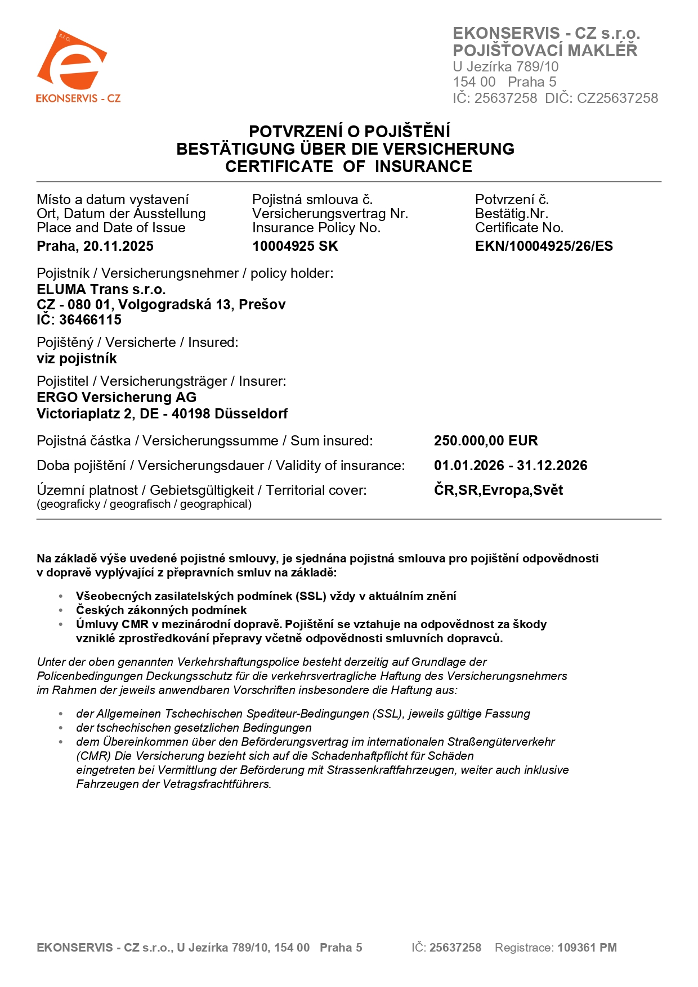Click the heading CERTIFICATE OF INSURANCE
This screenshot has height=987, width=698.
coord(348,166)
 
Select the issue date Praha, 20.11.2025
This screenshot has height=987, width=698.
coord(95,246)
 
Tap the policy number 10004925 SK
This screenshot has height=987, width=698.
coord(295,246)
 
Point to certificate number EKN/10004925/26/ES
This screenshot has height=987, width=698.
coord(544,246)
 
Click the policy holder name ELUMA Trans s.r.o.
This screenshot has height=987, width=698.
coord(101,290)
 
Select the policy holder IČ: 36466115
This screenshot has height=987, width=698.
coord(79,320)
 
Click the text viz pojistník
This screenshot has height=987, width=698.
coord(77,359)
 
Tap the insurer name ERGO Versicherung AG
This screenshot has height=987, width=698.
coord(117,398)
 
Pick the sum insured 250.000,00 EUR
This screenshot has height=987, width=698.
coord(486,441)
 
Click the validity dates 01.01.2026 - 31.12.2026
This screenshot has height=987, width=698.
coord(511,466)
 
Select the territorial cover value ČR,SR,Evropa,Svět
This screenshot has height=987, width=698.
coord(498,490)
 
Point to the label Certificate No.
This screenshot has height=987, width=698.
coord(519,228)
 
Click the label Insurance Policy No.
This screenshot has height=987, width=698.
coord(316,228)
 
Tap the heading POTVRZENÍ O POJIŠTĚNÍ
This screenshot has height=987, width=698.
coord(349,132)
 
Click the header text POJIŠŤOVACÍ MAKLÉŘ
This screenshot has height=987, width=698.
coord(545,51)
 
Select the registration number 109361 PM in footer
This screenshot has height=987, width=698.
coord(587,948)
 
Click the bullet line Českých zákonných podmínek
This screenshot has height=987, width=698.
coord(161,610)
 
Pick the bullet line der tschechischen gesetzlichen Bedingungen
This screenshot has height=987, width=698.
coord(194,728)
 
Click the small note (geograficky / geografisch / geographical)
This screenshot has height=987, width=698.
coord(144,504)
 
